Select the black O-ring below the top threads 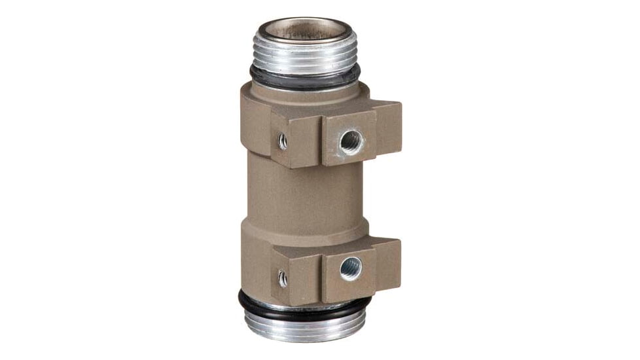304,79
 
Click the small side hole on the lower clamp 283,278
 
